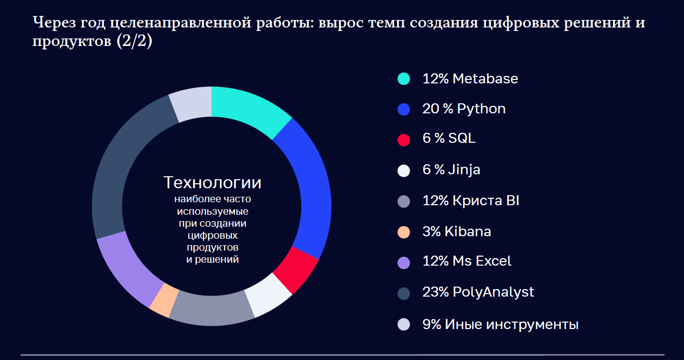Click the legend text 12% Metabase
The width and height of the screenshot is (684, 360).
coord(470,78)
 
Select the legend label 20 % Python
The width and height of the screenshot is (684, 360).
coord(464,109)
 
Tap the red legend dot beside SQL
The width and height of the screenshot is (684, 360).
coord(404,140)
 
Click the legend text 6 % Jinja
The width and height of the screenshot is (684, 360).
coord(451,170)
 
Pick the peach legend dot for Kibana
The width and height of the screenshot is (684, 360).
coord(404,232)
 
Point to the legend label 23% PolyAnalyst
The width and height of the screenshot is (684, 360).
coord(478,292)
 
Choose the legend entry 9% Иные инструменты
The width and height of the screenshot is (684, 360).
coord(500,325)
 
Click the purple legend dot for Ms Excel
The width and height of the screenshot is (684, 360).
coord(404,263)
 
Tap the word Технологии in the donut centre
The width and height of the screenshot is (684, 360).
coord(212,183)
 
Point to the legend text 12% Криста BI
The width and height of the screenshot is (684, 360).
coord(471,201)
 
